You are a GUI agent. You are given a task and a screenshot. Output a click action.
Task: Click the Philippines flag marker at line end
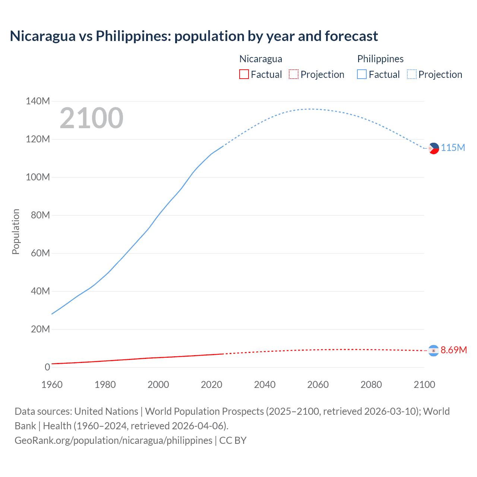coord(433,148)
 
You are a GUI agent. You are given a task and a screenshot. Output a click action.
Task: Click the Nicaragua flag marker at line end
coord(433,351)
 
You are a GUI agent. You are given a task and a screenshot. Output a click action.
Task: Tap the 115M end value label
coord(453,148)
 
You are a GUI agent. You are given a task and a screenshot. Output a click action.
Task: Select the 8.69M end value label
coord(454,350)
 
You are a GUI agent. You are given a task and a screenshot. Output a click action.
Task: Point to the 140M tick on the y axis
coord(38,101)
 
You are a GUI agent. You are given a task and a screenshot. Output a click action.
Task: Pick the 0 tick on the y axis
coord(47,367)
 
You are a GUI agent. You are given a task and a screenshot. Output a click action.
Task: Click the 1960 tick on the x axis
coord(52,385)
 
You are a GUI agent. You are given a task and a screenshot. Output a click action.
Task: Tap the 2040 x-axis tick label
coord(265,385)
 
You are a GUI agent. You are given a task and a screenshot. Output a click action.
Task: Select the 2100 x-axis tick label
coord(424,385)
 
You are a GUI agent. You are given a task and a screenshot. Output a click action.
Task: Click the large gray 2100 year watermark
coord(91,118)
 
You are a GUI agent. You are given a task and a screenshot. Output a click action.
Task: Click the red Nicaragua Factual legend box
coord(244,75)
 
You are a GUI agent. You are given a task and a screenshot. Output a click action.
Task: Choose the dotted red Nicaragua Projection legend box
coord(294,75)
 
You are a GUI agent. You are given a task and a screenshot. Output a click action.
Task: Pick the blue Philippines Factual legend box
coord(361,75)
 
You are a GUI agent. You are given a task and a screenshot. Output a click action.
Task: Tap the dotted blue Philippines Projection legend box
coord(411,75)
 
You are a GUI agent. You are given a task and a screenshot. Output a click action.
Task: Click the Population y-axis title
coord(16,231)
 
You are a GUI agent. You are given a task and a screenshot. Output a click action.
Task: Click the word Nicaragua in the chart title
coord(42,36)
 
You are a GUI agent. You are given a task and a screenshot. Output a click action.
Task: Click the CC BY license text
coord(233,440)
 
